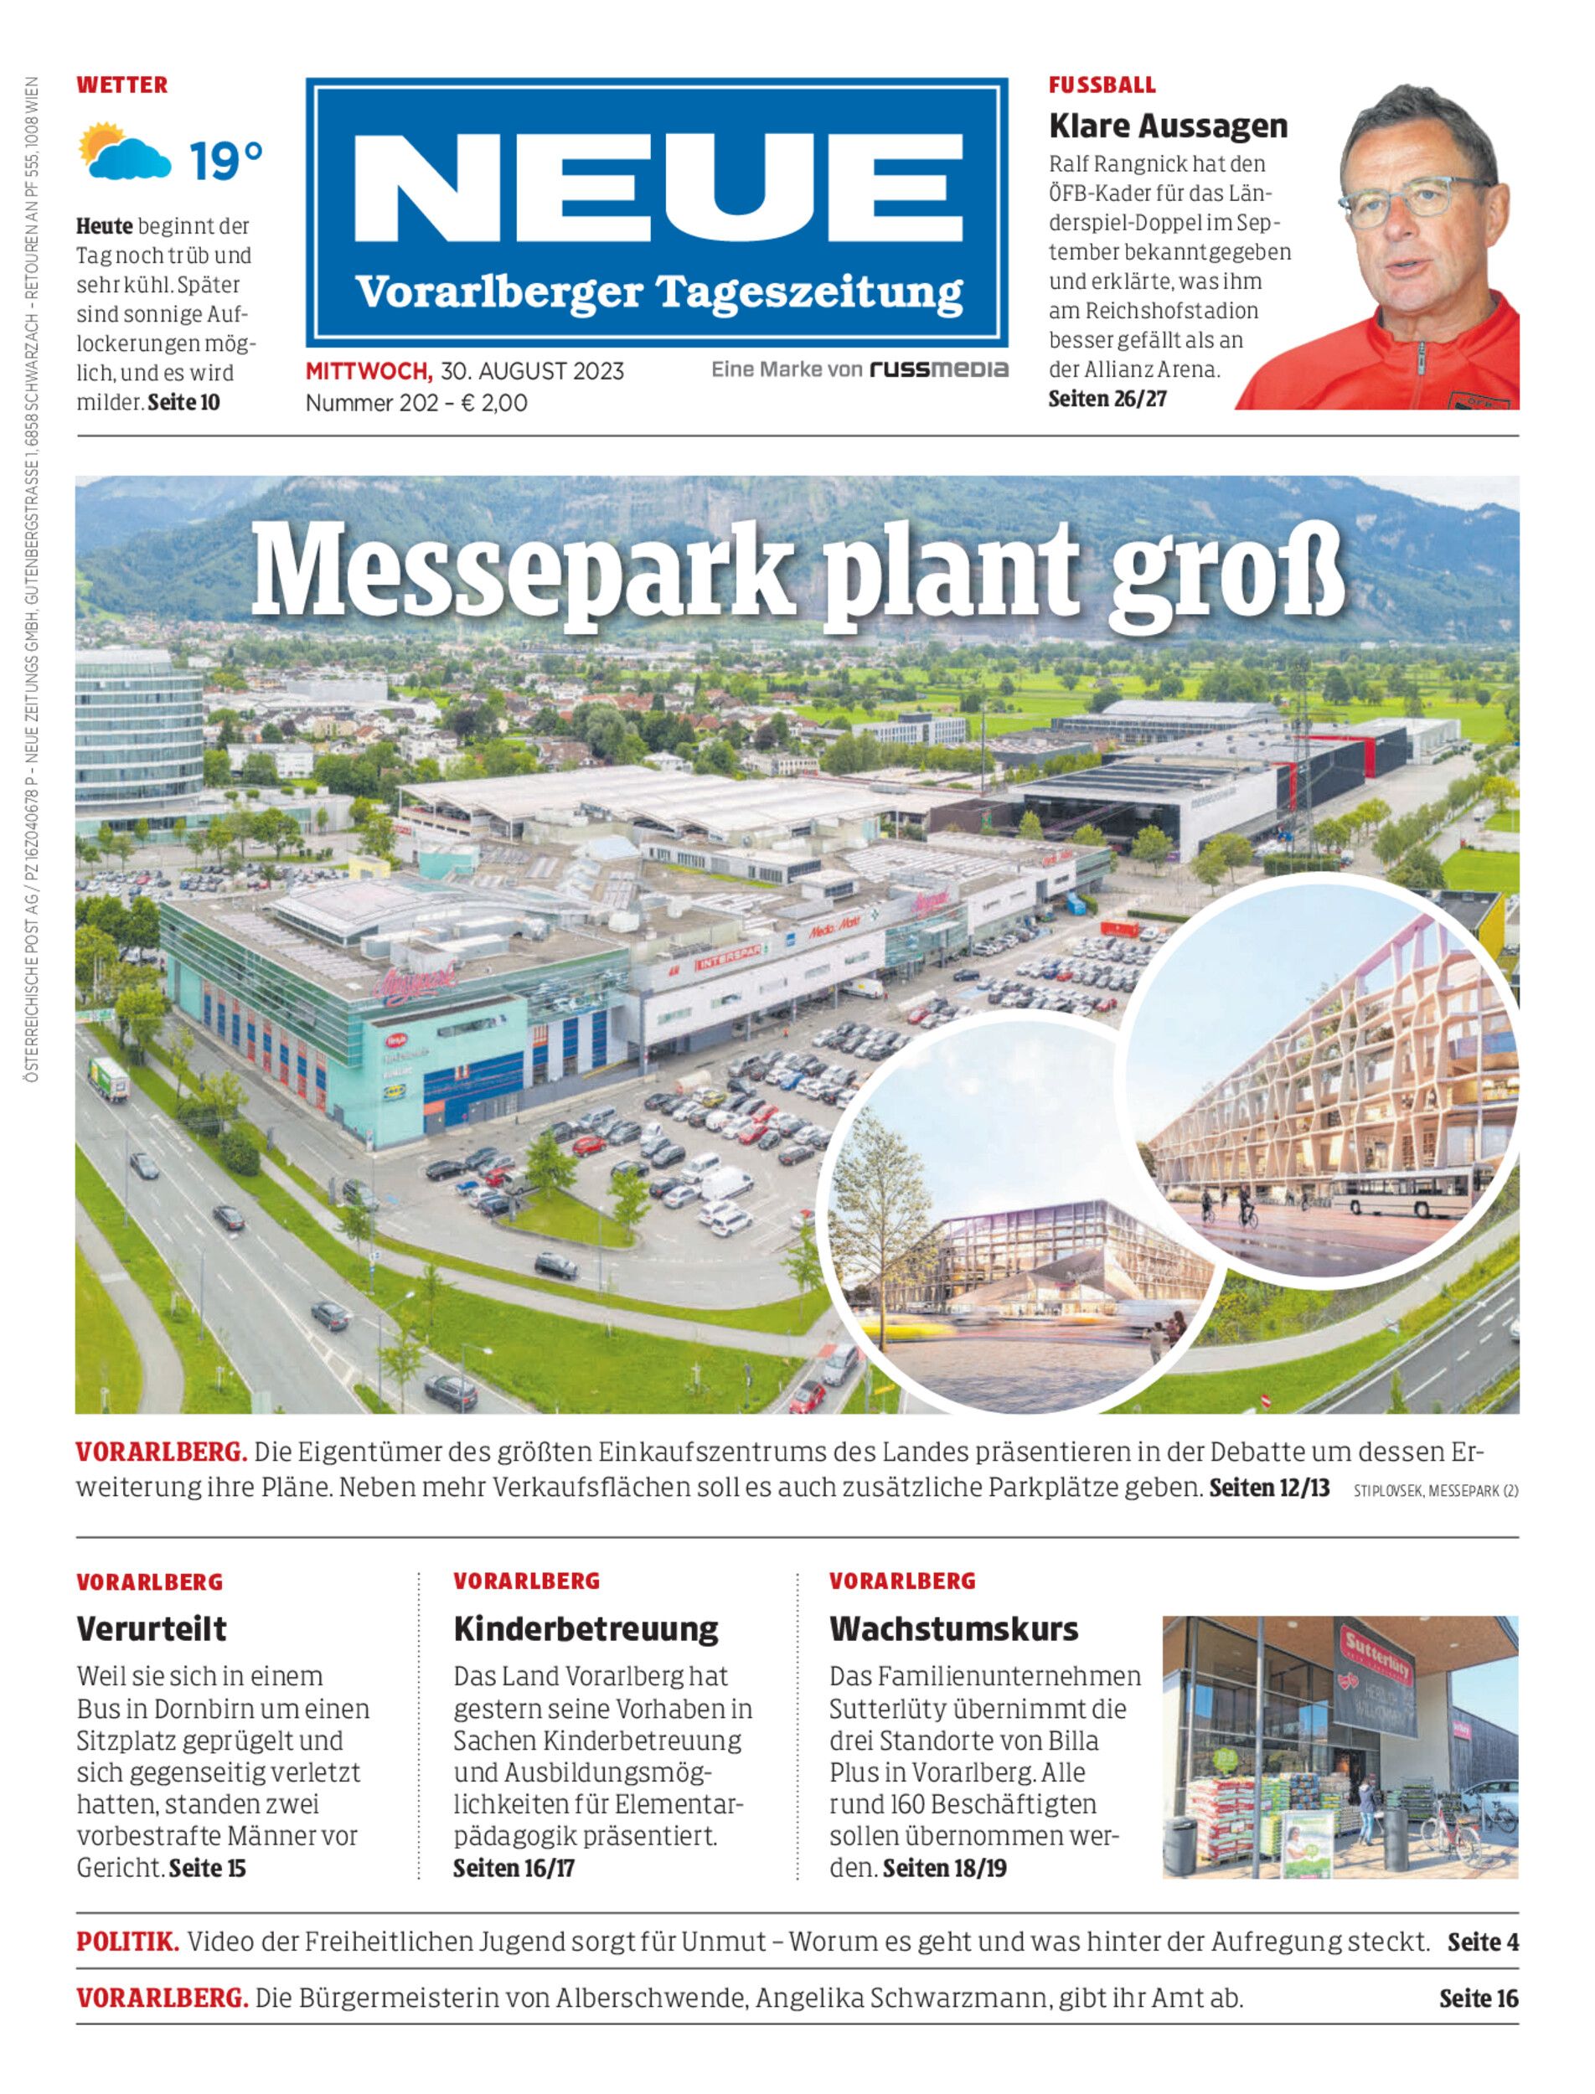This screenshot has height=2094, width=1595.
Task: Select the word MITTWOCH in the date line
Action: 369,371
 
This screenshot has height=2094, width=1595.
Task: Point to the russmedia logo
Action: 939,369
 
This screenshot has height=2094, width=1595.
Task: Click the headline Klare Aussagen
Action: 1168,126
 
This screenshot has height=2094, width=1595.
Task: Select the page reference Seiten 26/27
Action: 1107,399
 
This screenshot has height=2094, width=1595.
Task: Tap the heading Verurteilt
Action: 152,1629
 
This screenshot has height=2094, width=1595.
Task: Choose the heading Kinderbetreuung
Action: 586,1629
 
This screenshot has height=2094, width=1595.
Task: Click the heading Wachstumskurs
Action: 953,1629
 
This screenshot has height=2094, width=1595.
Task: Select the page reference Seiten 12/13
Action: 1269,1487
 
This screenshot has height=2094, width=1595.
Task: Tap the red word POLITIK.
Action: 127,1942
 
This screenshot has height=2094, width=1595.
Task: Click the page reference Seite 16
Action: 1479,1999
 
